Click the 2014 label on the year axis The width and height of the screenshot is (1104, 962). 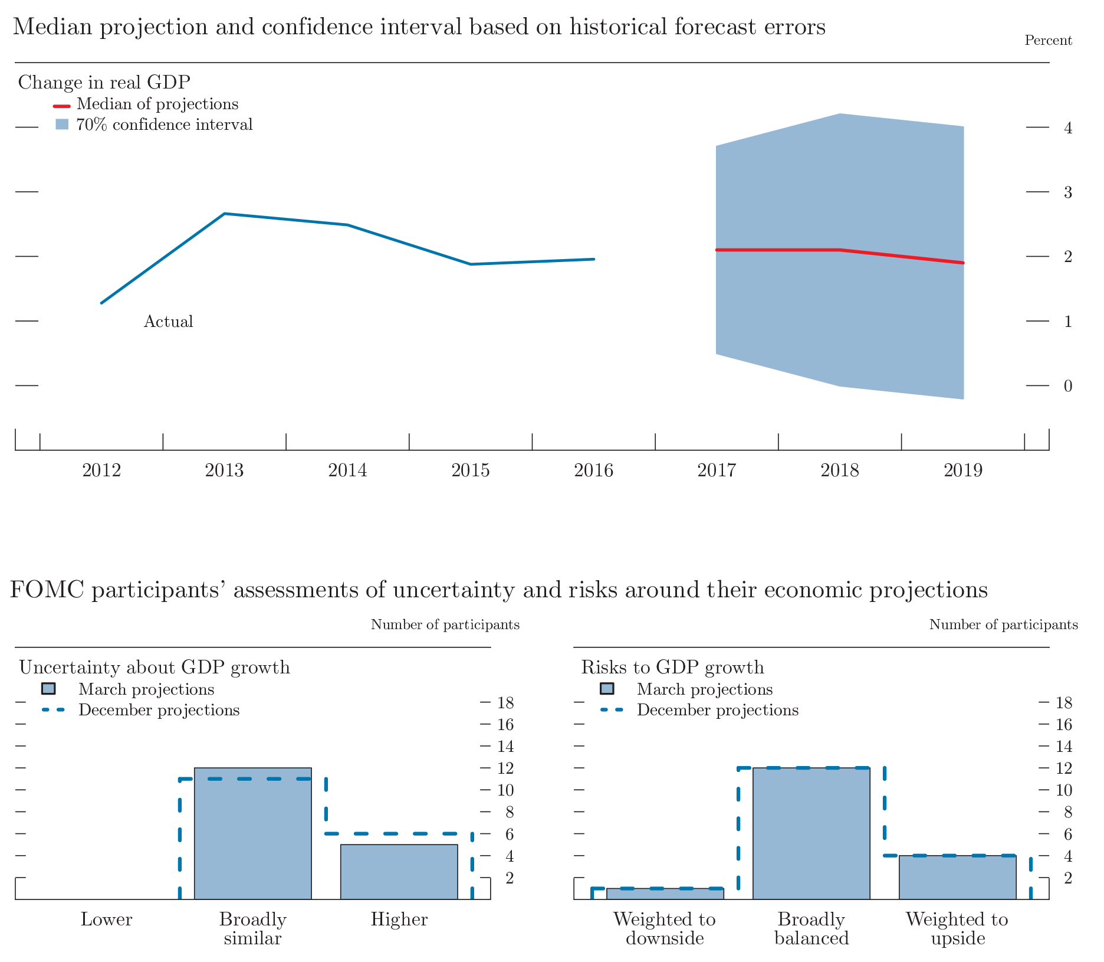pyautogui.click(x=347, y=470)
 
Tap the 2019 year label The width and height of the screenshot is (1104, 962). pyautogui.click(x=963, y=470)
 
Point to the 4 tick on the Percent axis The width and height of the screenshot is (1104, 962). pyautogui.click(x=1067, y=127)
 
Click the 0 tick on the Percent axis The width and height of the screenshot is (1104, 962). pyautogui.click(x=1067, y=386)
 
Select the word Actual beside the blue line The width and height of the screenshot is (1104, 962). pyautogui.click(x=169, y=322)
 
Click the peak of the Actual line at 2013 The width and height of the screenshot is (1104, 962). pyautogui.click(x=225, y=214)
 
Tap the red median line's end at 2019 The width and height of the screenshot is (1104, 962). pyautogui.click(x=963, y=263)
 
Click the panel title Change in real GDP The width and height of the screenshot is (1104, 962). pyautogui.click(x=104, y=82)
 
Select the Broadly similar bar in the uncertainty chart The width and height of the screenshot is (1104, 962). pyautogui.click(x=252, y=833)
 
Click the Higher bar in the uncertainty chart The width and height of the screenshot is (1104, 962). pyautogui.click(x=399, y=872)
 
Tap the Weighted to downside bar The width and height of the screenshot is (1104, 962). pyautogui.click(x=665, y=894)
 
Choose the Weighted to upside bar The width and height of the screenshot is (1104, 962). pyautogui.click(x=957, y=877)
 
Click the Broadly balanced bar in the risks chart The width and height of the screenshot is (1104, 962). pyautogui.click(x=811, y=833)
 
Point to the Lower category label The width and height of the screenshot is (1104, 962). pyautogui.click(x=107, y=920)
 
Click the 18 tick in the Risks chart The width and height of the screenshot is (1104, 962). pyautogui.click(x=1064, y=703)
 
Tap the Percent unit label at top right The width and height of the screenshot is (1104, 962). pyautogui.click(x=1048, y=41)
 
